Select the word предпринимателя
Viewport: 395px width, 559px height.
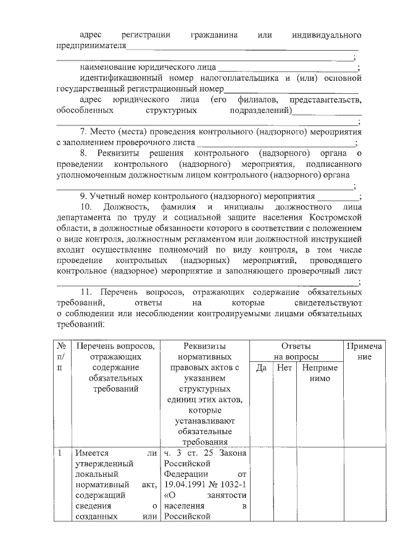(x=91, y=45)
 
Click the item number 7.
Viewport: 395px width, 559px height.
(x=84, y=132)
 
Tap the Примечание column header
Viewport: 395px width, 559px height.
(x=364, y=351)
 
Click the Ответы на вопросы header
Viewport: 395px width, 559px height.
(x=296, y=351)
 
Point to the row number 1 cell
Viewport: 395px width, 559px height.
(x=62, y=453)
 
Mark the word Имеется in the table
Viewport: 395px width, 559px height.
(x=90, y=453)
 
